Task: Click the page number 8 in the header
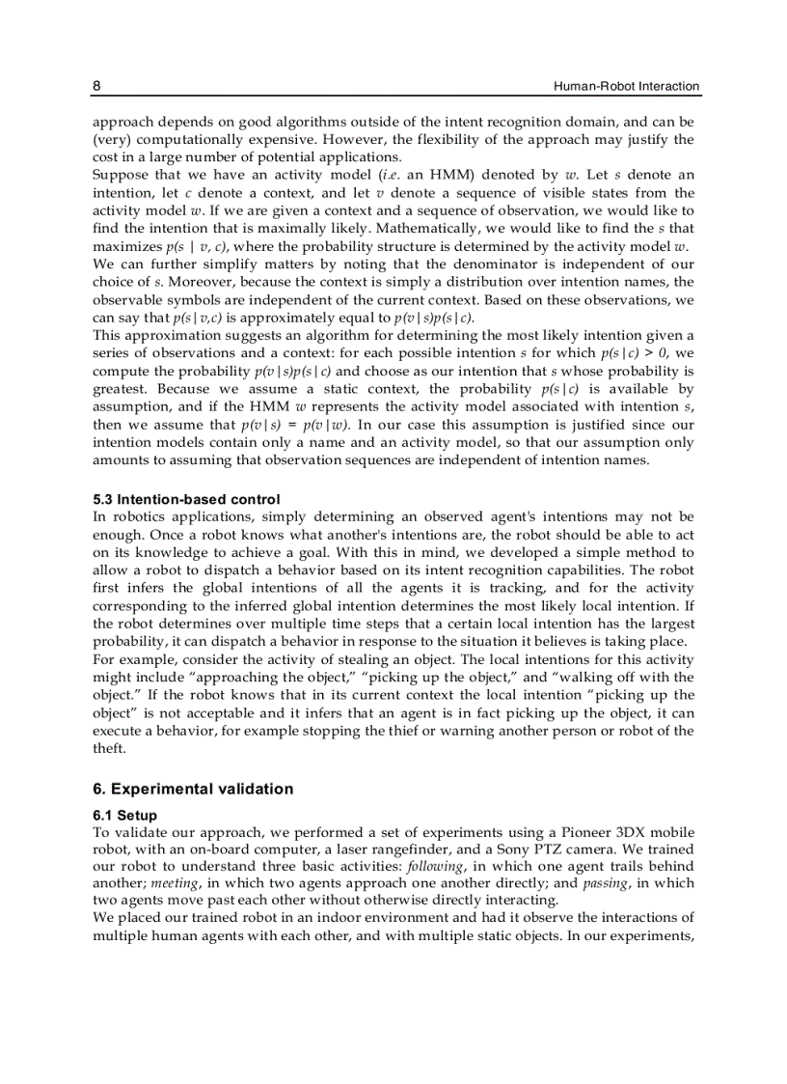pos(96,86)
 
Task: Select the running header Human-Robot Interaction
pos(626,86)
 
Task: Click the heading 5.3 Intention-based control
pos(186,499)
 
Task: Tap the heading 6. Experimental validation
pos(193,789)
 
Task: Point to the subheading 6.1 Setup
pos(124,816)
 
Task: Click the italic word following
pos(435,866)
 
